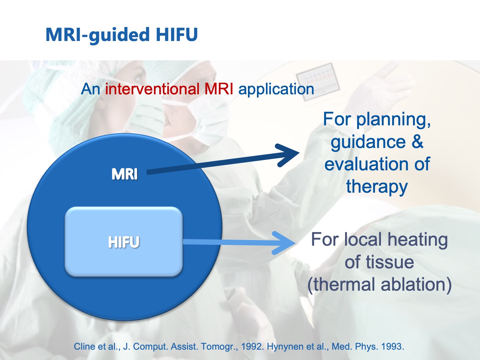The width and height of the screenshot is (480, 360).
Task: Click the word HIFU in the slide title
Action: tap(177, 34)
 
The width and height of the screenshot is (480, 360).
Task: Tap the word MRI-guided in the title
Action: tap(97, 35)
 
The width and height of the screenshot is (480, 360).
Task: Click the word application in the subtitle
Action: tap(276, 90)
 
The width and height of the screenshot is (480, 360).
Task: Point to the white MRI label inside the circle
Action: tap(124, 174)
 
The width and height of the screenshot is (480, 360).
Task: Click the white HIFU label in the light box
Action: tap(124, 242)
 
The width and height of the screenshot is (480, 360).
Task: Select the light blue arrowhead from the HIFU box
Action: tap(284, 243)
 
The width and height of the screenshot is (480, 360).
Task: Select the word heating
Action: tap(418, 240)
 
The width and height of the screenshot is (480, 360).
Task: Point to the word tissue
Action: tap(390, 262)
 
